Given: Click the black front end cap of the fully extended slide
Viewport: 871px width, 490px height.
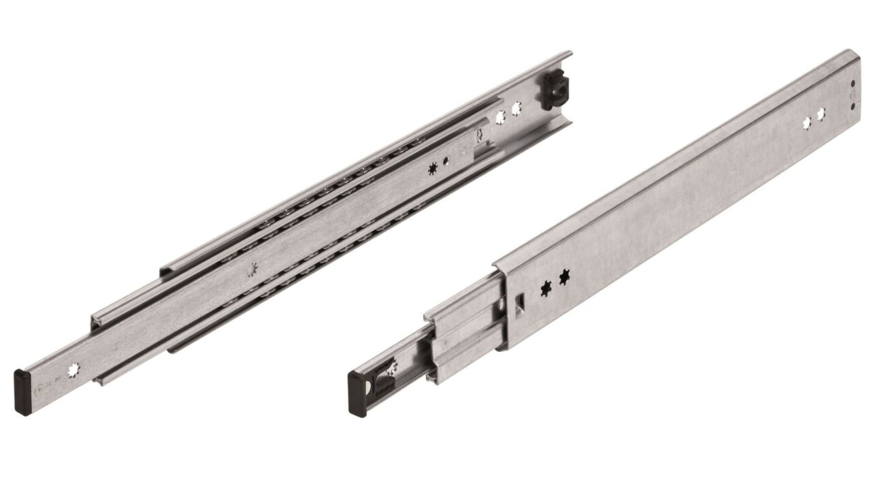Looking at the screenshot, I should (22, 383).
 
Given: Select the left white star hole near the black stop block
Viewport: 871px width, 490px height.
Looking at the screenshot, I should (501, 117).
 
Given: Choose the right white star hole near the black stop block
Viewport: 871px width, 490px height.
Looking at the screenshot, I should (516, 108).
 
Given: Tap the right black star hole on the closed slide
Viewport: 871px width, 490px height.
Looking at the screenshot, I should (564, 278).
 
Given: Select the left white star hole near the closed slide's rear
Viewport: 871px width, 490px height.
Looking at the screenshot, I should (808, 123).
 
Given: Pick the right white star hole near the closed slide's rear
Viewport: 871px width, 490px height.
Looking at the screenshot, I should (821, 113).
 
